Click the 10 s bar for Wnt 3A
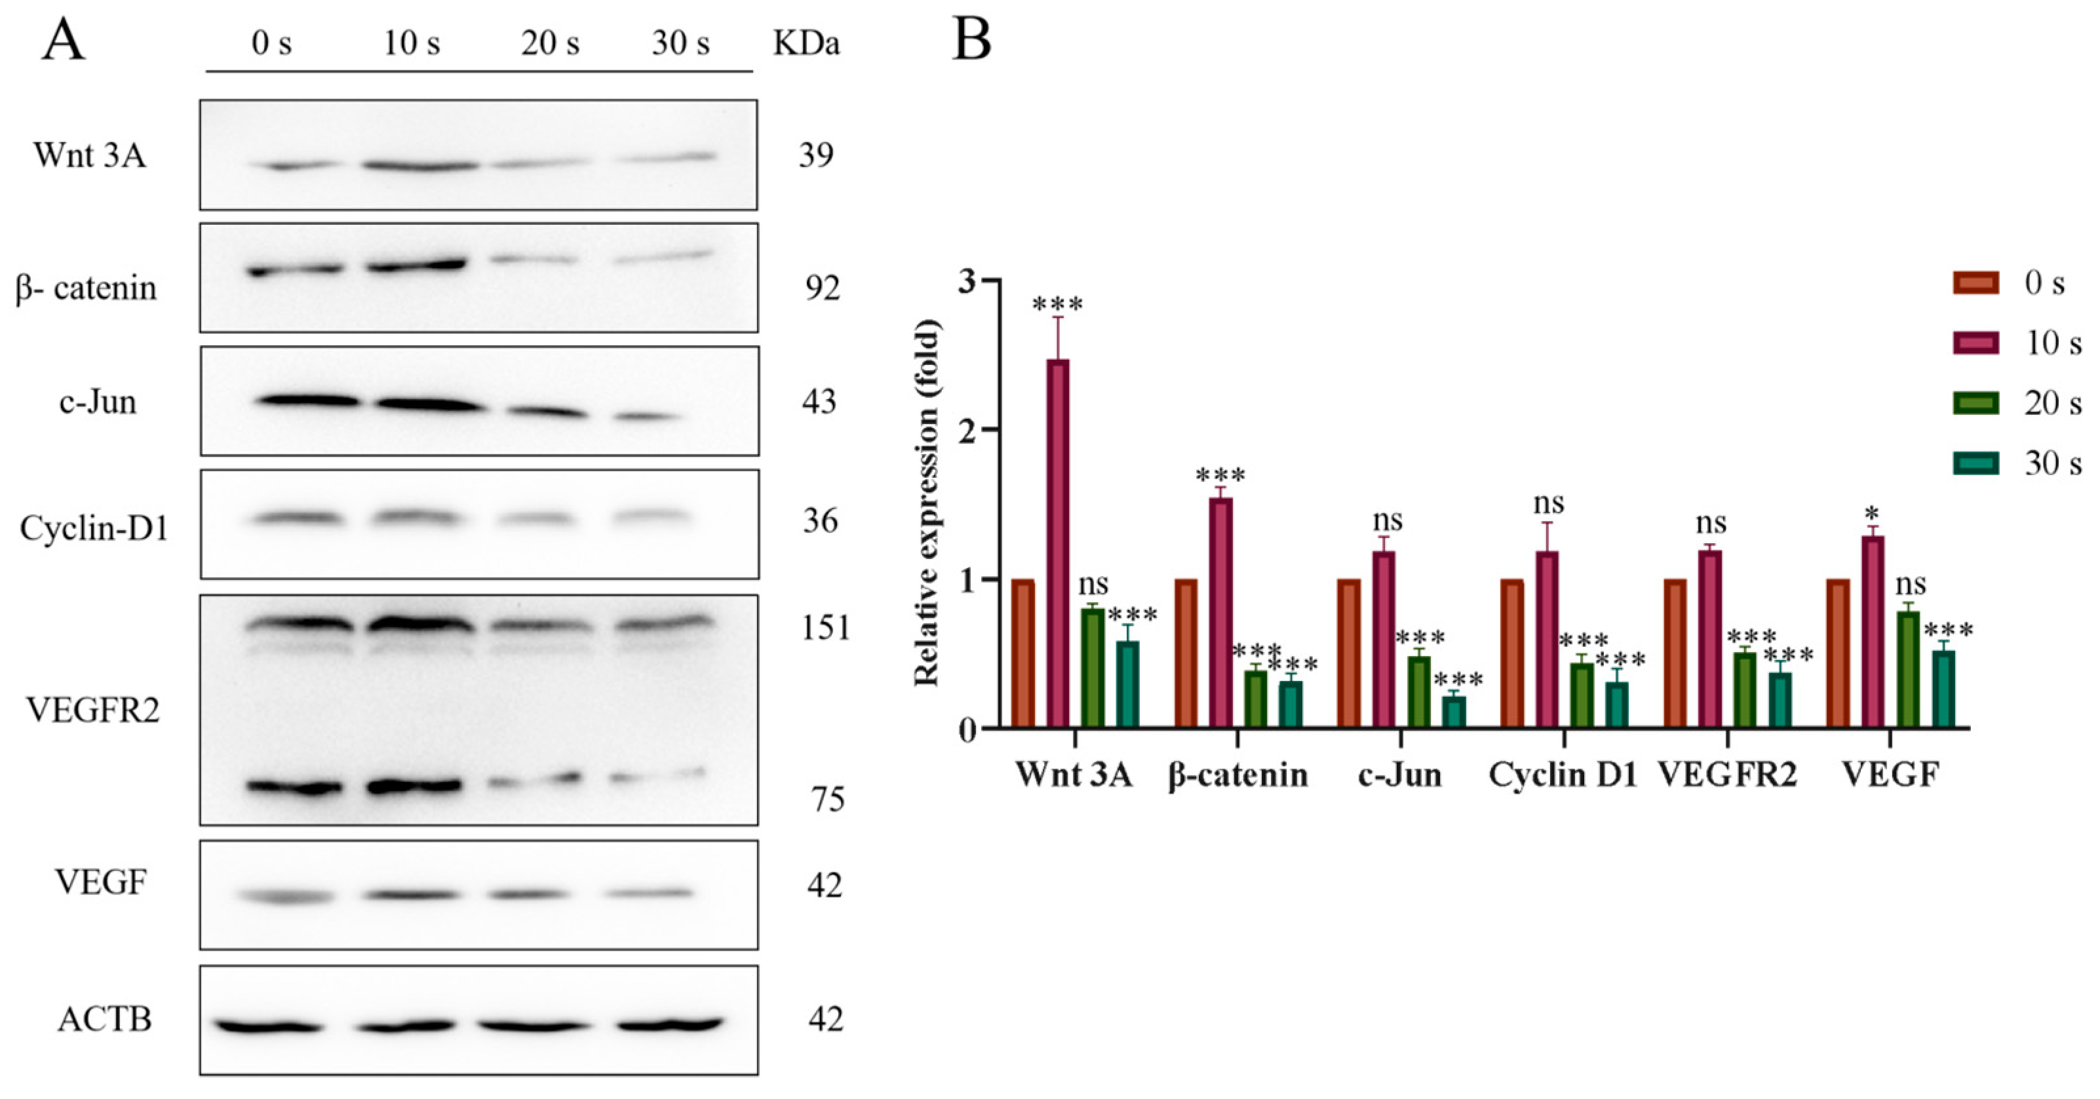(x=1058, y=542)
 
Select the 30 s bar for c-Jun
(x=1454, y=711)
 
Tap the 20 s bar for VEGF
(x=1909, y=669)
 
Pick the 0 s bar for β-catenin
(x=1186, y=653)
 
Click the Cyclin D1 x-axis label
(x=1563, y=775)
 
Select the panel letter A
(x=63, y=39)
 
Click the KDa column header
(x=806, y=43)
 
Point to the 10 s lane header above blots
(x=412, y=43)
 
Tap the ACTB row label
(x=104, y=1019)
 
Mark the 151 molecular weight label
(x=825, y=628)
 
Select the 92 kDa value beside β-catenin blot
(x=819, y=288)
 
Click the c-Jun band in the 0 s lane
(x=307, y=401)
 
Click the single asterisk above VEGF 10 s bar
(x=1873, y=514)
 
